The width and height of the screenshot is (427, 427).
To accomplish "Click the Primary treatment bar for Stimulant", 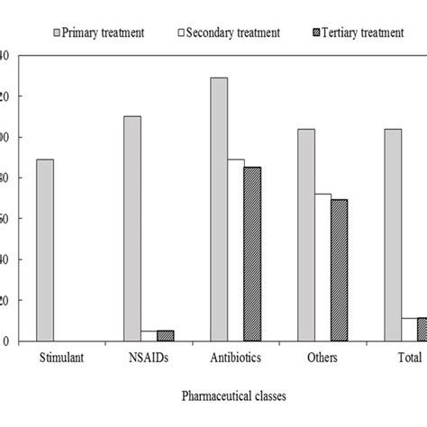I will (45, 250).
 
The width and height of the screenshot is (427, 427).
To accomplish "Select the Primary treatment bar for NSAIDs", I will (132, 229).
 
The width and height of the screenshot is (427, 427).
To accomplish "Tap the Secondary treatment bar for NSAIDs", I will (149, 336).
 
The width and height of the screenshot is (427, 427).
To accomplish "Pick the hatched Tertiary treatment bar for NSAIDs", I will (165, 336).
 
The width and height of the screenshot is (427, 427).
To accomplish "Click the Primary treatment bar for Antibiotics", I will (219, 209).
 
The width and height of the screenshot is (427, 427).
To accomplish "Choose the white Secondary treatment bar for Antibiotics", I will (236, 250).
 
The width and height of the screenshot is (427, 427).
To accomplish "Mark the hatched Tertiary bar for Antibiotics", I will (252, 254).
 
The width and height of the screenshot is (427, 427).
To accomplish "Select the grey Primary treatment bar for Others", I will (306, 235).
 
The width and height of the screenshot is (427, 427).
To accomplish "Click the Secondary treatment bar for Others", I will (323, 268).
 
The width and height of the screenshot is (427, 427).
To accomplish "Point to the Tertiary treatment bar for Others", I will (339, 270).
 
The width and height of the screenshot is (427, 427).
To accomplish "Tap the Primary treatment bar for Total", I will (393, 235).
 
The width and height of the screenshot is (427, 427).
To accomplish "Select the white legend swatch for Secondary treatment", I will (181, 33).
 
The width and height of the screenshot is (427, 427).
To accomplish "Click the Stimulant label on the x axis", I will (63, 358).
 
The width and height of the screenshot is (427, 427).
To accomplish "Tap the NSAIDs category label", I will (150, 358).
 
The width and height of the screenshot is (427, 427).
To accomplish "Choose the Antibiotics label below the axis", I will (236, 358).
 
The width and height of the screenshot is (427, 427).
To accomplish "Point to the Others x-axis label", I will (323, 358).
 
